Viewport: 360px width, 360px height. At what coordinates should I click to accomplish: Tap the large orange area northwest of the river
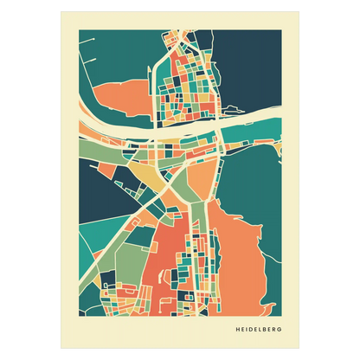click(117, 97)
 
